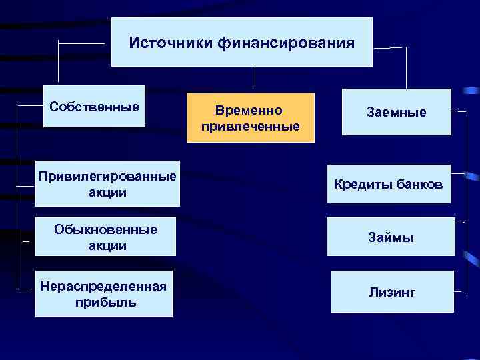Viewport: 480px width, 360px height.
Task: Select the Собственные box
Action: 94,107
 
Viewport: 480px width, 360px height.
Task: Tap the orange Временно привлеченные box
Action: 250,118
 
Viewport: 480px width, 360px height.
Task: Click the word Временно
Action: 250,110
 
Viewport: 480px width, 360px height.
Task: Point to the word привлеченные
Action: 250,126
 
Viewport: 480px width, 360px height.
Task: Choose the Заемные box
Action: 396,113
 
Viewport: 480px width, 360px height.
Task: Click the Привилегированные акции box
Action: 107,184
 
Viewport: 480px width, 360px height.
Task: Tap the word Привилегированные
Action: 107,177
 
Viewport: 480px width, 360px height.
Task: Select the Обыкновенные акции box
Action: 106,237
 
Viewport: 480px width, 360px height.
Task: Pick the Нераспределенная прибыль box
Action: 104,294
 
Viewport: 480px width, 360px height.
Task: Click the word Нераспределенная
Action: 103,286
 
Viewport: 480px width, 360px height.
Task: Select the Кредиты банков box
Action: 389,184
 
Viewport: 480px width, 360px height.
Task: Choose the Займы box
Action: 391,237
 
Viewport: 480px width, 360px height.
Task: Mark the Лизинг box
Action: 392,292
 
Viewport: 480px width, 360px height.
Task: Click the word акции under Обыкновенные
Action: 107,245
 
